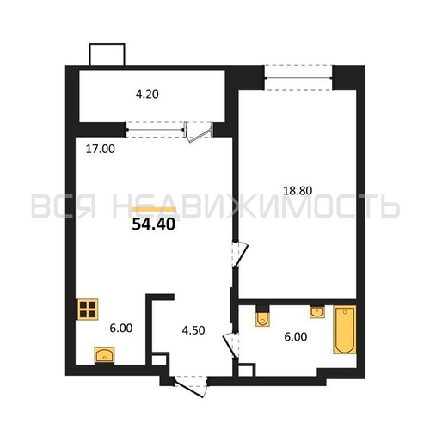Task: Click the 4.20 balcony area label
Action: tap(147, 95)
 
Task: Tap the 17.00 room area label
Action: tap(101, 149)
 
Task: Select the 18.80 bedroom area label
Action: tap(298, 191)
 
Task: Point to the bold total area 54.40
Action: tap(154, 224)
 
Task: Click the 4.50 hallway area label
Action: tap(193, 330)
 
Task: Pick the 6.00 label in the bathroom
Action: tap(296, 336)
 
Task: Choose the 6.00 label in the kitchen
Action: tap(121, 328)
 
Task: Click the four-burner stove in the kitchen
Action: tap(88, 310)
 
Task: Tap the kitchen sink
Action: tap(104, 355)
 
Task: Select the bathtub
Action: tap(345, 329)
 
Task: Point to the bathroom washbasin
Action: tap(317, 311)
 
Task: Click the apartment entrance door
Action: tap(191, 386)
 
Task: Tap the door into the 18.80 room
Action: tap(240, 255)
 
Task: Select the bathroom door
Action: tap(230, 346)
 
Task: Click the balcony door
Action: tap(199, 132)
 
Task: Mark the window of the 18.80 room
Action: tap(298, 77)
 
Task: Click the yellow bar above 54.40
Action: tap(153, 209)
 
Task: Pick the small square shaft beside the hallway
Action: tap(159, 359)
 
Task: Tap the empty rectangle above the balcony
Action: tap(107, 54)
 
